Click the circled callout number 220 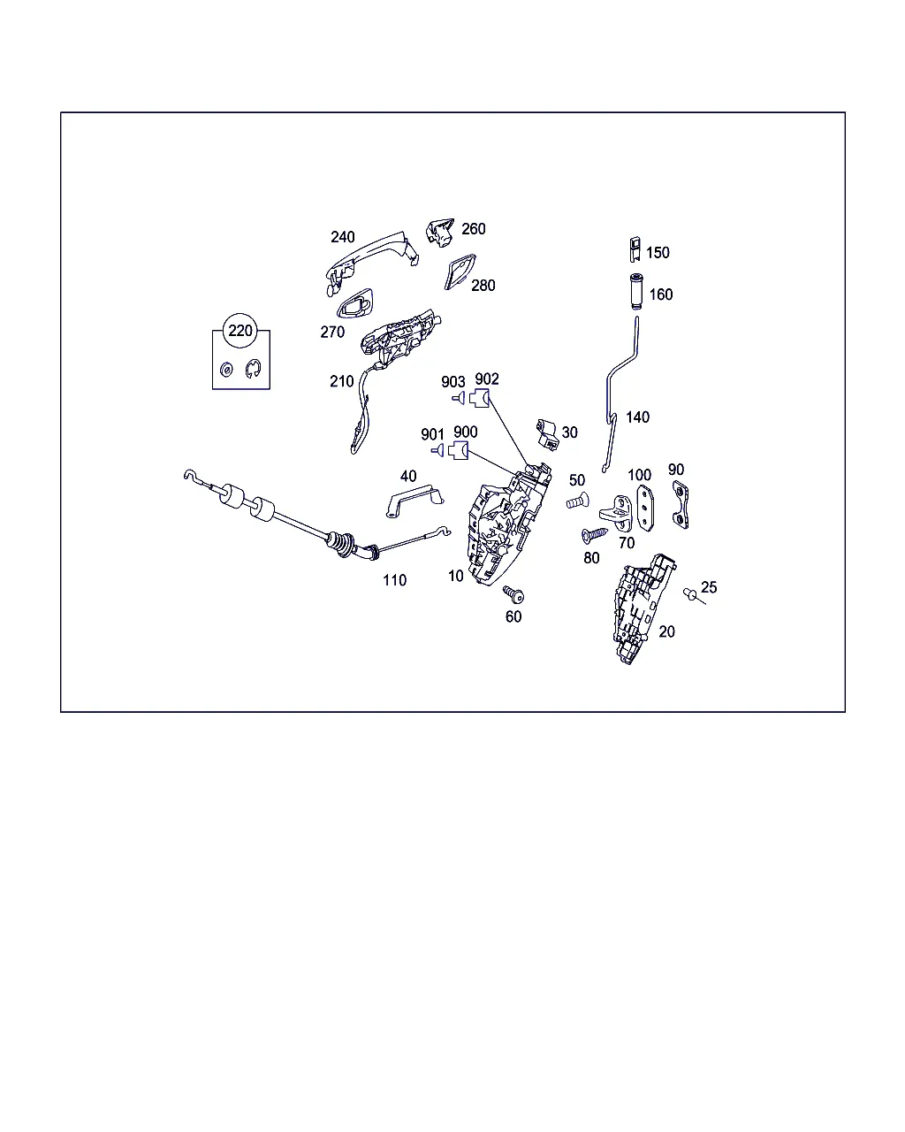point(240,331)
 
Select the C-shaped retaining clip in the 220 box point(254,369)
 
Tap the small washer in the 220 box point(226,370)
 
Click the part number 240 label point(343,237)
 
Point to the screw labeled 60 point(513,594)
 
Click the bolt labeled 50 point(577,501)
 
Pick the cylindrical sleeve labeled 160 point(636,292)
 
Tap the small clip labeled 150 point(635,249)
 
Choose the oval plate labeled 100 point(645,508)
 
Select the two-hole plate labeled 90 point(681,504)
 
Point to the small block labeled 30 point(547,434)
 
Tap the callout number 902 point(486,379)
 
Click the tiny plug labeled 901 point(437,450)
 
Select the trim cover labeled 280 point(460,272)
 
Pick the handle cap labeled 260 point(439,232)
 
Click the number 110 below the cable point(394,580)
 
